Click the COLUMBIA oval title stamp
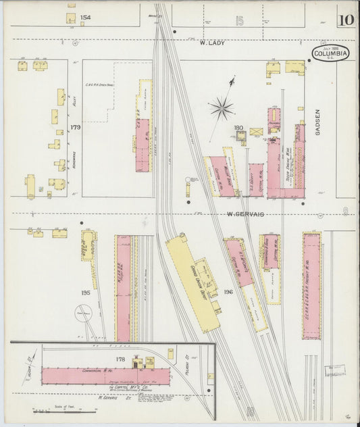330,53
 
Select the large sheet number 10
346,19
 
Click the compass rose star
221,106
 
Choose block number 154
85,18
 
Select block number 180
238,127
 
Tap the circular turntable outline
83,315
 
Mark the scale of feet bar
51,411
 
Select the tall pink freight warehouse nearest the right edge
311,285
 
